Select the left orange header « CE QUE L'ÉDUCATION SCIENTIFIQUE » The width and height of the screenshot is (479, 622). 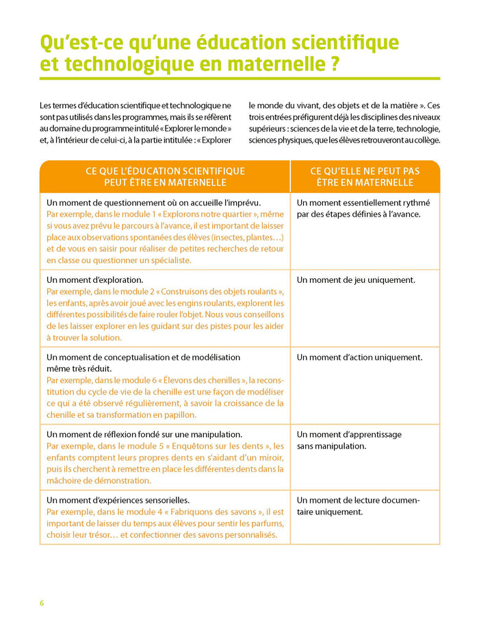click(165, 171)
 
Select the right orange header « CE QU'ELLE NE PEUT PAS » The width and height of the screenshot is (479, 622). click(365, 171)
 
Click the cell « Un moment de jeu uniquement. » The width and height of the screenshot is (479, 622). click(356, 279)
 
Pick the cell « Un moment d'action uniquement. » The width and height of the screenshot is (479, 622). click(359, 357)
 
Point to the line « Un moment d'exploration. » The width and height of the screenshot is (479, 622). click(94, 279)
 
